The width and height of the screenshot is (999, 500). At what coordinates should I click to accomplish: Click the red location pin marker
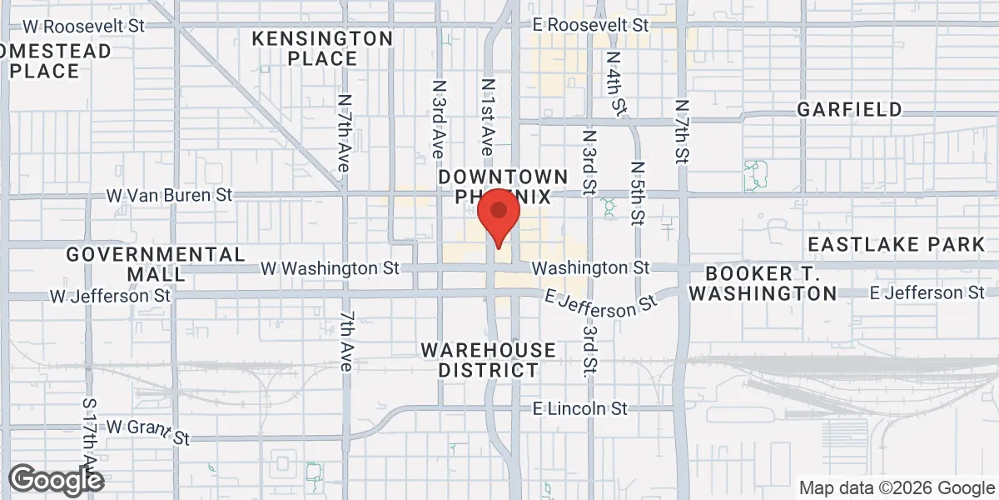(x=499, y=215)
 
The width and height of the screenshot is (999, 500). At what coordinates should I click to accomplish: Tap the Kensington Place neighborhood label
(x=322, y=48)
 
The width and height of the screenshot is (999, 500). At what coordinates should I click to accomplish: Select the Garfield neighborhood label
(x=849, y=109)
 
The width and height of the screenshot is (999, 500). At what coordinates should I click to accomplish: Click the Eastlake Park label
(x=896, y=244)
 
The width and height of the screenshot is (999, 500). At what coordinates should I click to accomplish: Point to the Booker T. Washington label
(x=763, y=283)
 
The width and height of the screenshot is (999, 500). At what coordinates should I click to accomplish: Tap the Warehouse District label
(x=488, y=360)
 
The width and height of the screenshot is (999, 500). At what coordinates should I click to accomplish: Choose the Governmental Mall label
(x=156, y=263)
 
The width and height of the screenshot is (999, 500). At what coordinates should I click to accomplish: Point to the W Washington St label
(x=331, y=268)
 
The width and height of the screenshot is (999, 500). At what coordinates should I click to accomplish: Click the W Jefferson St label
(x=110, y=295)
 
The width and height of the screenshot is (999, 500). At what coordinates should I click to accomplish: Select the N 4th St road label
(x=616, y=83)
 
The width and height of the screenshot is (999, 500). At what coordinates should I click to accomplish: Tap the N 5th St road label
(x=638, y=193)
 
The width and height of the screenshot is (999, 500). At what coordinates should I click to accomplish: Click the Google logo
(x=56, y=479)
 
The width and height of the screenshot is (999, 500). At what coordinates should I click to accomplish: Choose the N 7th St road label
(x=683, y=132)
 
